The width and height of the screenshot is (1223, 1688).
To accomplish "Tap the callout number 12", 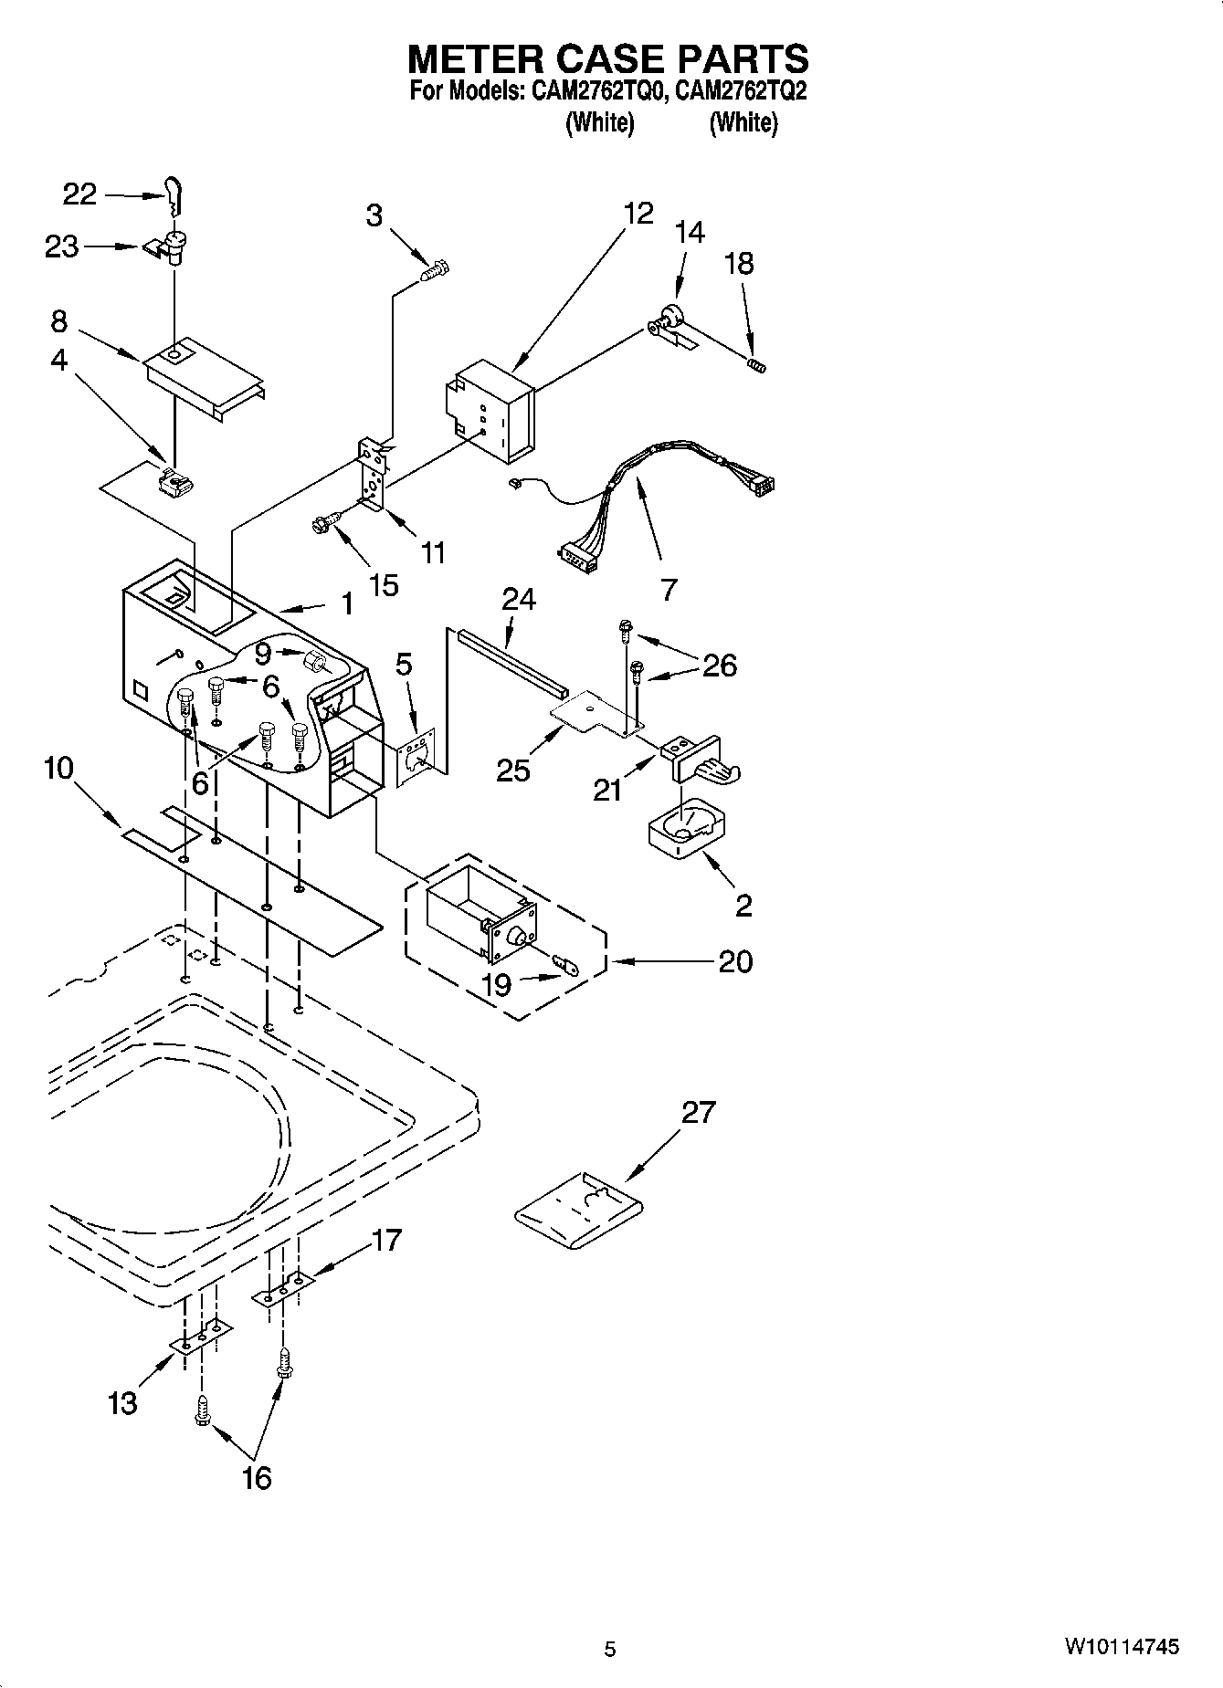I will point(638,214).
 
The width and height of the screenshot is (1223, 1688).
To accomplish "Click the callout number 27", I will point(699,1113).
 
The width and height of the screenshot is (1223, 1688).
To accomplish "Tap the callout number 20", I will point(735,961).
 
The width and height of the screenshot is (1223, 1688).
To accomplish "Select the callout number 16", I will point(258,1476).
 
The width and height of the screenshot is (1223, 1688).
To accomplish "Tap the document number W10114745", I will point(1121,1647).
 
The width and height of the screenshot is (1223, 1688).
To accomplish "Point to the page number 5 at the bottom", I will point(610,1649).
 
